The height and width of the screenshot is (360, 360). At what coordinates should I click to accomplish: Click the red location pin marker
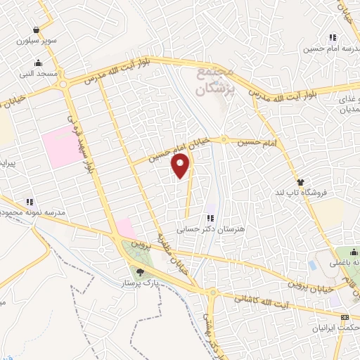[181, 165]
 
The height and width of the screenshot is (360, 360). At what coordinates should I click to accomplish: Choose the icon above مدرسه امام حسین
[331, 37]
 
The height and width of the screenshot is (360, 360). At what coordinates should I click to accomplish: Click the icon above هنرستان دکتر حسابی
[209, 217]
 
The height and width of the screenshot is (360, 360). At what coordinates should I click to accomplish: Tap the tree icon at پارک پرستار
[140, 272]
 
